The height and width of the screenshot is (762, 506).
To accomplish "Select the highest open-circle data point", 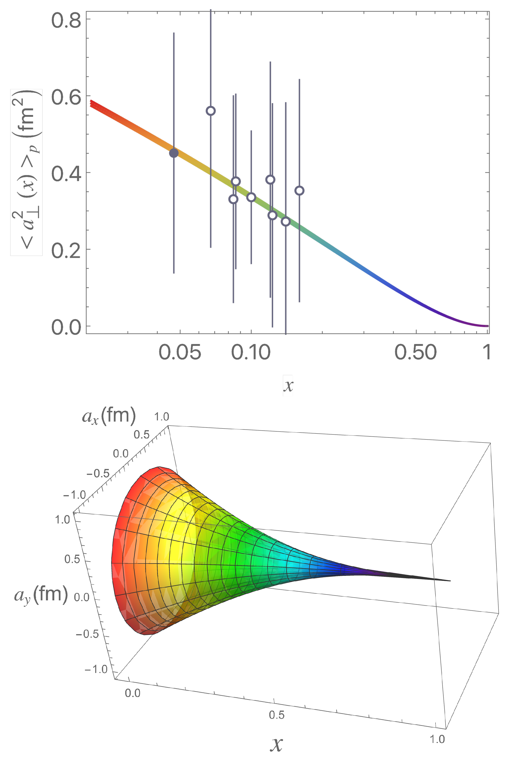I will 211,111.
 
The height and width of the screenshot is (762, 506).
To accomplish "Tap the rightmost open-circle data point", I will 300,191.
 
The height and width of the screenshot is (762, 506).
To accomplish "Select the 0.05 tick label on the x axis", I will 180,352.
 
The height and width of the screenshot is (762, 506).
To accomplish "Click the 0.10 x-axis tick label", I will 251,352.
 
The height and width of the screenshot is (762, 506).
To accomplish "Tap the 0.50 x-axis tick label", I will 416,352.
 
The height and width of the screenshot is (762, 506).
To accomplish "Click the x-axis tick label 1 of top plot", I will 487,352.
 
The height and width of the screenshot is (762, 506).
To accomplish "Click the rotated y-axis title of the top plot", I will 26,172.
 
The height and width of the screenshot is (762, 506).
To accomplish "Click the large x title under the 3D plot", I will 276,744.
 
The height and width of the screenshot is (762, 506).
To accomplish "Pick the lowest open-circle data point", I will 286,222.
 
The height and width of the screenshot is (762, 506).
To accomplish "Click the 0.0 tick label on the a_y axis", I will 81,597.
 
